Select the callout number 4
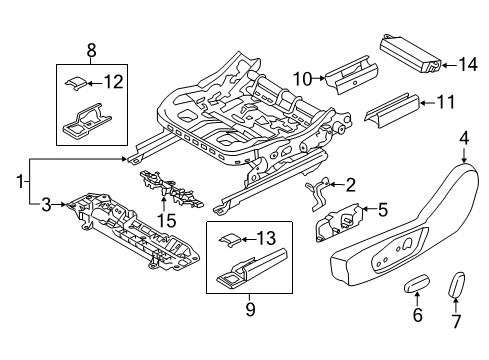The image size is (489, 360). pyautogui.click(x=465, y=139)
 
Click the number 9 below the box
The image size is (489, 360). pyautogui.click(x=250, y=309)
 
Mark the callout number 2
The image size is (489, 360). pyautogui.click(x=350, y=183)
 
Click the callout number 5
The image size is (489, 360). pyautogui.click(x=381, y=210)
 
